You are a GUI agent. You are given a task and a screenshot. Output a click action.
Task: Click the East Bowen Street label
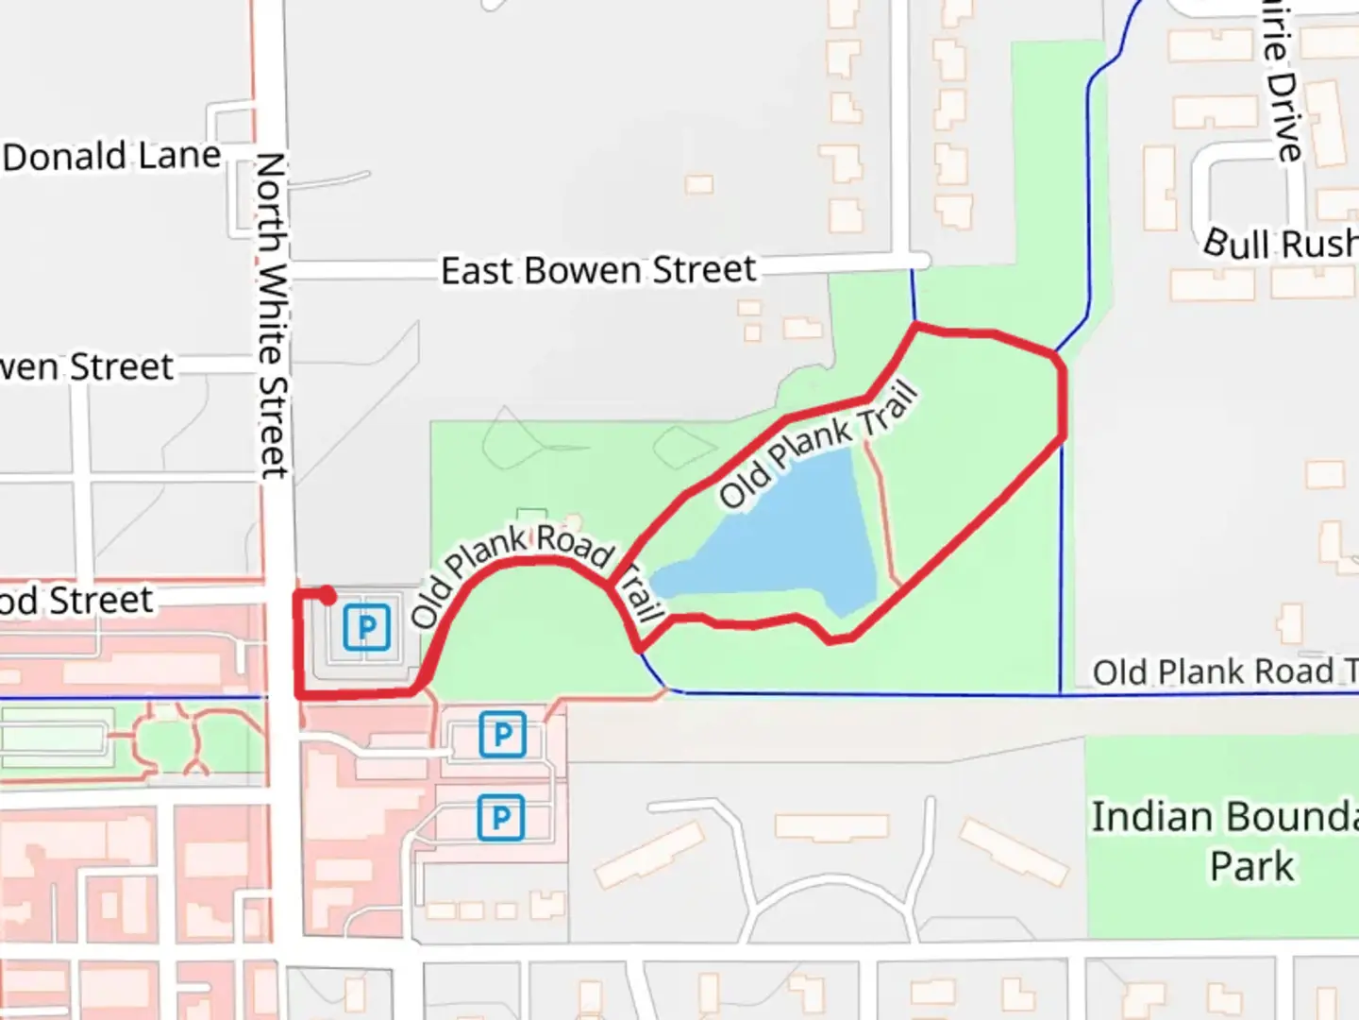598,271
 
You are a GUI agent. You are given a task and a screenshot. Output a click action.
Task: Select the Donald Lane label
111,157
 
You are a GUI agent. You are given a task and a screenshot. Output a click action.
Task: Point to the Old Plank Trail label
817,444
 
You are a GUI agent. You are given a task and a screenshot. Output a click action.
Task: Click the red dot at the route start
327,596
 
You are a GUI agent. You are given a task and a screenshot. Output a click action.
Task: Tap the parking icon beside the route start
366,627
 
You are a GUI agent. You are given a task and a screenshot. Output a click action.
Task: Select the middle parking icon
502,734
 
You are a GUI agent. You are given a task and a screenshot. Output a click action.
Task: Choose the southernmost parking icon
500,818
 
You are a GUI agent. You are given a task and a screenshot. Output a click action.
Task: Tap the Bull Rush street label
1280,245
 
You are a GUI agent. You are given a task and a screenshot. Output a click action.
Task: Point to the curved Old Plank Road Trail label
528,567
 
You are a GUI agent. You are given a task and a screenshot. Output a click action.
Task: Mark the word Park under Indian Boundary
1252,866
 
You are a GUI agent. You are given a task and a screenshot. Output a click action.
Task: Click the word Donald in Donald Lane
64,157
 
